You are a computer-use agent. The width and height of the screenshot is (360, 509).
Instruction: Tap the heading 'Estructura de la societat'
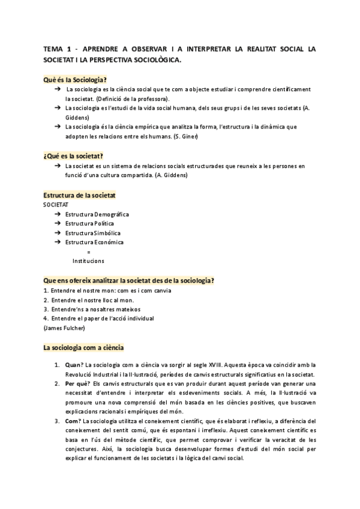(x=80, y=196)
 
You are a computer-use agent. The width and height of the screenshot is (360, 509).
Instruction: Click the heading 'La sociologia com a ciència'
(x=83, y=347)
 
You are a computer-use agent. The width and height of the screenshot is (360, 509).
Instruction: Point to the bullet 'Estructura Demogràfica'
(x=97, y=214)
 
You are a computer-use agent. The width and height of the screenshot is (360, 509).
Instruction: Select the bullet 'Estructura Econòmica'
(x=95, y=242)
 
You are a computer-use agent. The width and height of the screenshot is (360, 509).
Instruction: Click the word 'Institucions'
(x=88, y=261)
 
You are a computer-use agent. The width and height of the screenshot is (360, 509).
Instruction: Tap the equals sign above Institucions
(x=89, y=251)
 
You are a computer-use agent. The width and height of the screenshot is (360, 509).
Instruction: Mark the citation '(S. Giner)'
(x=201, y=137)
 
